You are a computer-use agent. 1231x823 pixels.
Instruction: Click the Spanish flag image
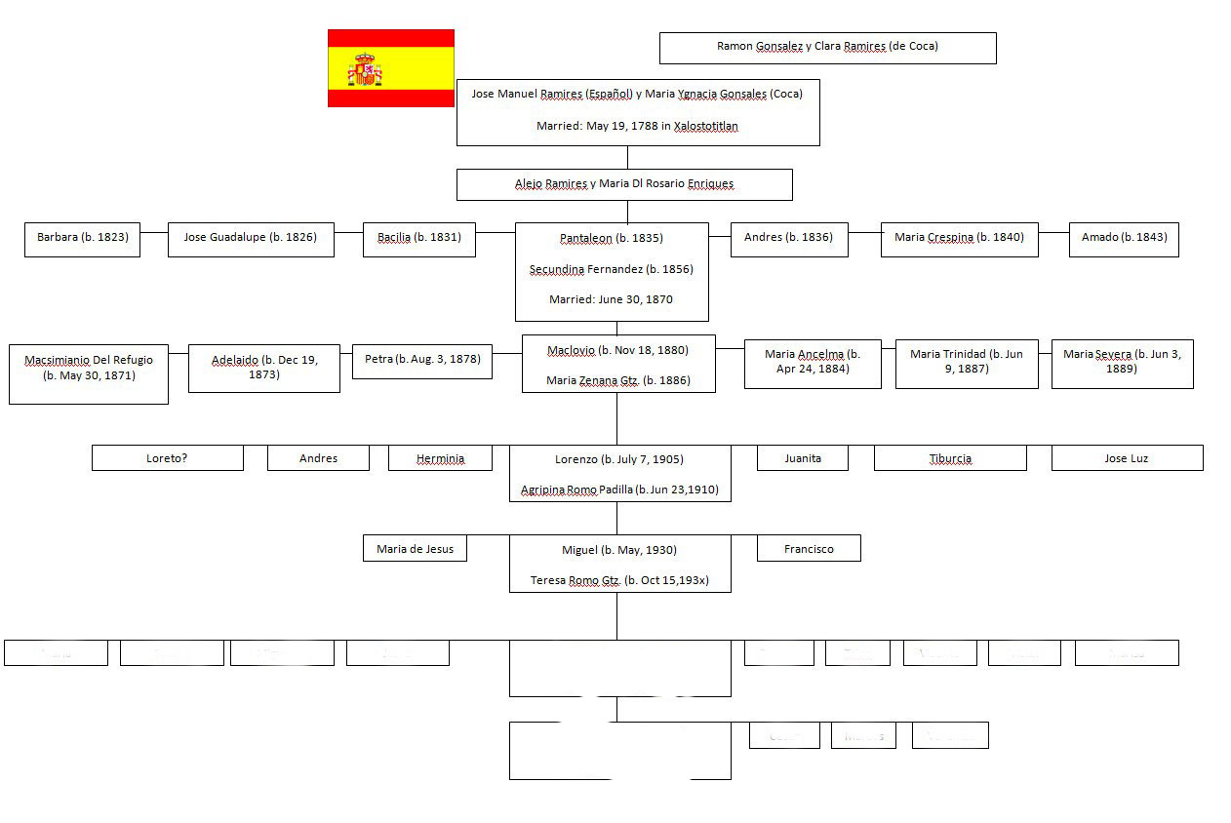[390, 67]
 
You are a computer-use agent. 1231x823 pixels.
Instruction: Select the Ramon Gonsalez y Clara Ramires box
[827, 47]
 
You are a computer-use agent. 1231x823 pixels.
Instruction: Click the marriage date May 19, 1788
[637, 126]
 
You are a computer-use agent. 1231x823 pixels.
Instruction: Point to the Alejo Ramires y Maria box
[624, 183]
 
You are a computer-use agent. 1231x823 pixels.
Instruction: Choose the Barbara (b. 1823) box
[82, 238]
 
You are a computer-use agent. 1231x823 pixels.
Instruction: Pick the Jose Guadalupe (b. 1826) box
[251, 238]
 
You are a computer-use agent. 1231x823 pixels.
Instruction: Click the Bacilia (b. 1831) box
[419, 238]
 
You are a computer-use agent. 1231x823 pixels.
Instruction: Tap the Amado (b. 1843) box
[1124, 238]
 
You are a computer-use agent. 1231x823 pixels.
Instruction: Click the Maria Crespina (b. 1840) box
[959, 238]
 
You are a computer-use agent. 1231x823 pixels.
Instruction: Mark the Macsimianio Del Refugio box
[89, 368]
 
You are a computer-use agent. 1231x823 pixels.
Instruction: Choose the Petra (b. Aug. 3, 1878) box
[422, 360]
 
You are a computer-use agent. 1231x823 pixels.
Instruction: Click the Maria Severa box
[1122, 362]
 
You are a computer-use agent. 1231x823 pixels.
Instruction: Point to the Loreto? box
[167, 458]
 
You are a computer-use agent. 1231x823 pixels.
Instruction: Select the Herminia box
[440, 458]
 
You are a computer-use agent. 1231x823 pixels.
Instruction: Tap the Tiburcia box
[950, 458]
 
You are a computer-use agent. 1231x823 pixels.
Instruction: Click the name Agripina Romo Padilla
[619, 490]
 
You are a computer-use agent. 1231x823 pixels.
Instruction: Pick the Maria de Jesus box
[415, 549]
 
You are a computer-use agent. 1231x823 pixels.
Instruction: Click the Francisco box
[809, 549]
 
